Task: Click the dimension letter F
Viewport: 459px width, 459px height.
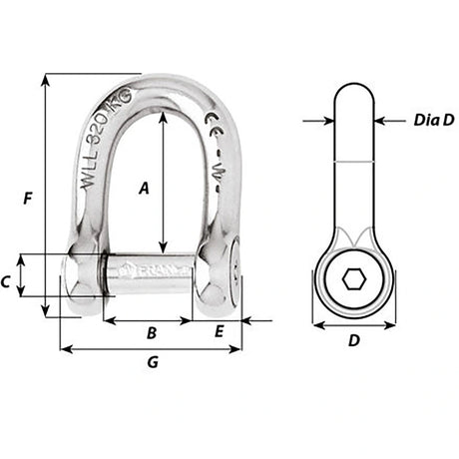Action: pos(27,199)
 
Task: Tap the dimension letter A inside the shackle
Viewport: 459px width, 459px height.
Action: pos(144,187)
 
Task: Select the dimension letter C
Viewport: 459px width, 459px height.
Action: pos(8,282)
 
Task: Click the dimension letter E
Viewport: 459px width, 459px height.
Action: pos(219,333)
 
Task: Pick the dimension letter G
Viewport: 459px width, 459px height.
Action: pos(152,363)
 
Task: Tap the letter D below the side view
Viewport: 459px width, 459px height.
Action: pos(353,341)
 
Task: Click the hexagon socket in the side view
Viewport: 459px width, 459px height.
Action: pos(353,281)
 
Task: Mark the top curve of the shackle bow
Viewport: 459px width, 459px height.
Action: pos(150,83)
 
